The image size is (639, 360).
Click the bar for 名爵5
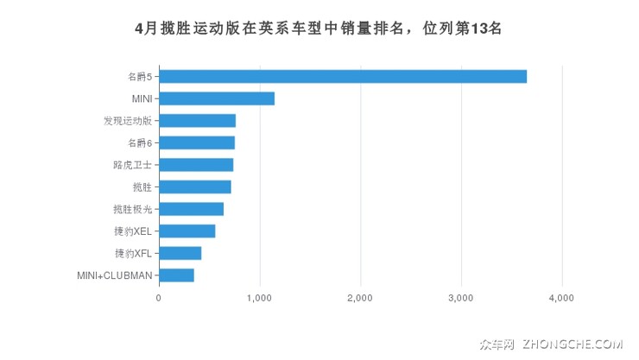click(x=343, y=77)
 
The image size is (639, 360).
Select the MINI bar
click(x=217, y=98)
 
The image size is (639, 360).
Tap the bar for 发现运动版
click(x=198, y=121)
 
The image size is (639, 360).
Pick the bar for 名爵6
click(x=197, y=142)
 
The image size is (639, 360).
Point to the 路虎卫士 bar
click(x=196, y=165)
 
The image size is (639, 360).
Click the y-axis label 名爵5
click(x=139, y=77)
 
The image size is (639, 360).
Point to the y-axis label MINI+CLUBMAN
click(x=115, y=275)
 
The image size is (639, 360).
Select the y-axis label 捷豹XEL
click(x=133, y=231)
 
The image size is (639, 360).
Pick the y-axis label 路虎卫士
click(x=132, y=165)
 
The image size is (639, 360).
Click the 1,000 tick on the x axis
click(x=260, y=298)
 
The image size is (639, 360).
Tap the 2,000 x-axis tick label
click(x=360, y=298)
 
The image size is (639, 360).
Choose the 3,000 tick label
click(x=461, y=298)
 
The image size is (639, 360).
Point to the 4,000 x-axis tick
click(x=561, y=298)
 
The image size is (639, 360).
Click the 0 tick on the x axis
click(x=159, y=298)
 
